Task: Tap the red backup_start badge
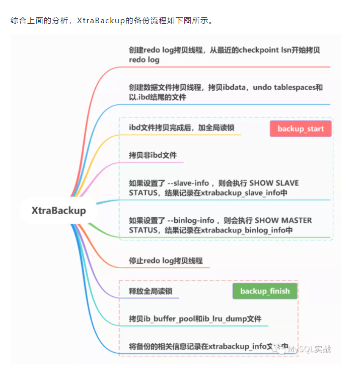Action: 301,129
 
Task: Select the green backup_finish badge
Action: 265,291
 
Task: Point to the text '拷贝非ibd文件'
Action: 153,155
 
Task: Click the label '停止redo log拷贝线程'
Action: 166,261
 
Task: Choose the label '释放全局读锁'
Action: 147,291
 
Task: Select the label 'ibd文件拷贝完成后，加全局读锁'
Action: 181,128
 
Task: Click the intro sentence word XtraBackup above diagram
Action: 101,21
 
